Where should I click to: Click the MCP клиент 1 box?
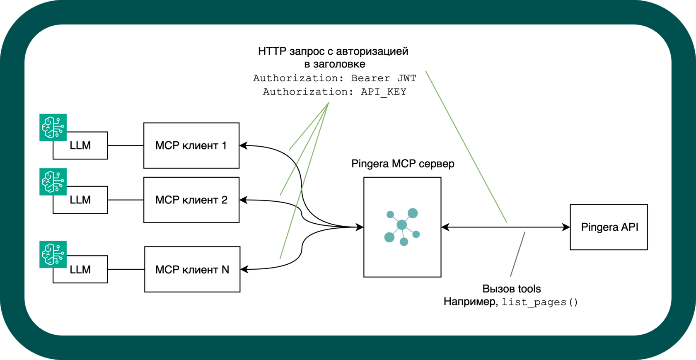tap(191, 145)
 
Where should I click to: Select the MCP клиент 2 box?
tap(191, 200)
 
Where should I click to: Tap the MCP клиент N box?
tap(192, 270)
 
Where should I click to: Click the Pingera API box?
tap(609, 227)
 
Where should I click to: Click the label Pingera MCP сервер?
tap(403, 164)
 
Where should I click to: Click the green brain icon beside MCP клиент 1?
tap(53, 127)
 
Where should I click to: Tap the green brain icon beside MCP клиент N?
tap(53, 254)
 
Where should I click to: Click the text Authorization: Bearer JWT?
tap(334, 78)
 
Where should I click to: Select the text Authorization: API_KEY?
tap(334, 92)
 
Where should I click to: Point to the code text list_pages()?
tap(539, 302)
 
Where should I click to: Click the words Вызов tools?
tap(512, 289)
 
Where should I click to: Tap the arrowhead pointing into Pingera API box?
tap(566, 227)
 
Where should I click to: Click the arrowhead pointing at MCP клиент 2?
tap(244, 200)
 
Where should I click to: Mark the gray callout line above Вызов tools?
tap(518, 254)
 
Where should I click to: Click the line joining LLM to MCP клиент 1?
tap(126, 145)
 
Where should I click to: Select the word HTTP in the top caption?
tap(272, 51)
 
